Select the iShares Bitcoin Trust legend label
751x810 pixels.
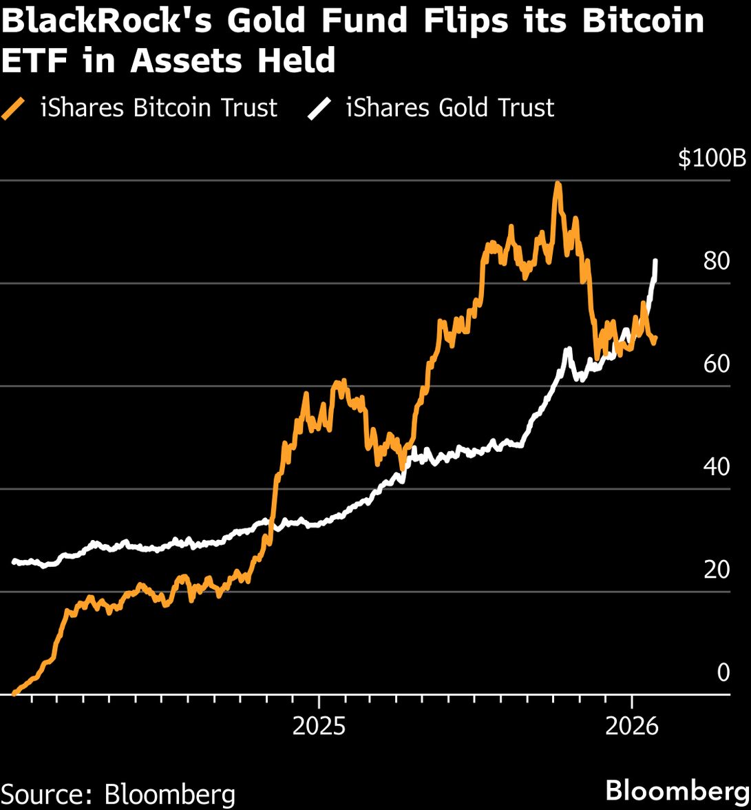(159, 108)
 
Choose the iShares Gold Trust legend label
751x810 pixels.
(449, 108)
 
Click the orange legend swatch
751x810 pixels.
(14, 109)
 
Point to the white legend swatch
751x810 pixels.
(319, 109)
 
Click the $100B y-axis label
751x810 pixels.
(712, 158)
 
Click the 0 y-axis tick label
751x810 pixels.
(723, 672)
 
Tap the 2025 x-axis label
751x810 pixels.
(319, 727)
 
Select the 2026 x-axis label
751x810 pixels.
(632, 727)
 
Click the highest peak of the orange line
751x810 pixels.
(557, 183)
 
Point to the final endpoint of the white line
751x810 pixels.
(655, 261)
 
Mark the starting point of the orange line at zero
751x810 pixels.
(14, 693)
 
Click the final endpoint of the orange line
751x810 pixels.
(655, 338)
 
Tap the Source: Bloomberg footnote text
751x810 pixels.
(118, 793)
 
